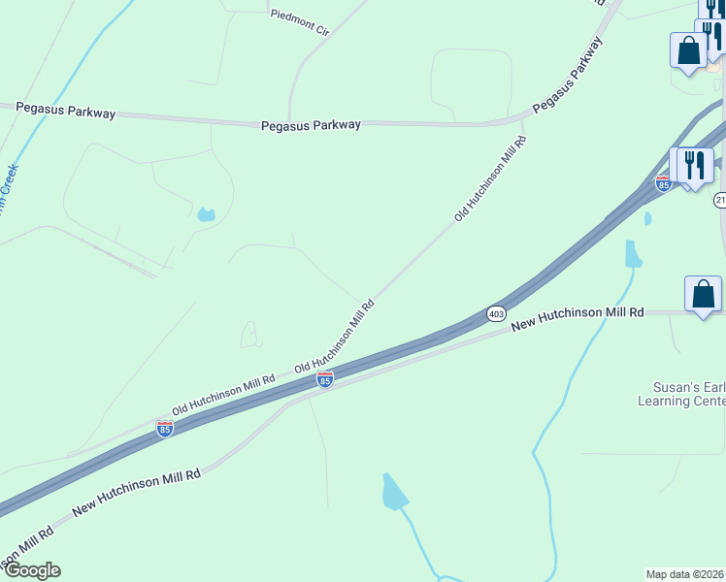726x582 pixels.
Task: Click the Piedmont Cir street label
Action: (300, 22)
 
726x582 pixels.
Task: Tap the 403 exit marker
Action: (496, 314)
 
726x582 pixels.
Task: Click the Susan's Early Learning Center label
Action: (681, 393)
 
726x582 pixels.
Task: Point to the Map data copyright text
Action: (684, 573)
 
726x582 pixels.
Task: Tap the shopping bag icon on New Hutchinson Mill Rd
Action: (703, 294)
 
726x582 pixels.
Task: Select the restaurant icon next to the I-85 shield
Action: (694, 165)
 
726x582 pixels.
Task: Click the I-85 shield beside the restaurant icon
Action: (663, 182)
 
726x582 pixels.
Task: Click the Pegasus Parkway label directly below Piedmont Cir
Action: (311, 125)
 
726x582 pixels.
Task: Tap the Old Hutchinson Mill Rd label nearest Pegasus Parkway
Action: (490, 178)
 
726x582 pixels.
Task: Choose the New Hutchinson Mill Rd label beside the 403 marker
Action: (577, 319)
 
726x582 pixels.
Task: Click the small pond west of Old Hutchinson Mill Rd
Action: (205, 214)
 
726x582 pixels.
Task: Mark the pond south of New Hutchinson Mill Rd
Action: (393, 492)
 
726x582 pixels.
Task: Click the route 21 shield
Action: (720, 200)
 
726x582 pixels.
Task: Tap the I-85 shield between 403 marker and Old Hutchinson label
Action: (325, 379)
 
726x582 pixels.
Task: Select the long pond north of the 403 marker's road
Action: (633, 253)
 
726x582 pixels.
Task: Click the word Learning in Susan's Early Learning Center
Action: (663, 400)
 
